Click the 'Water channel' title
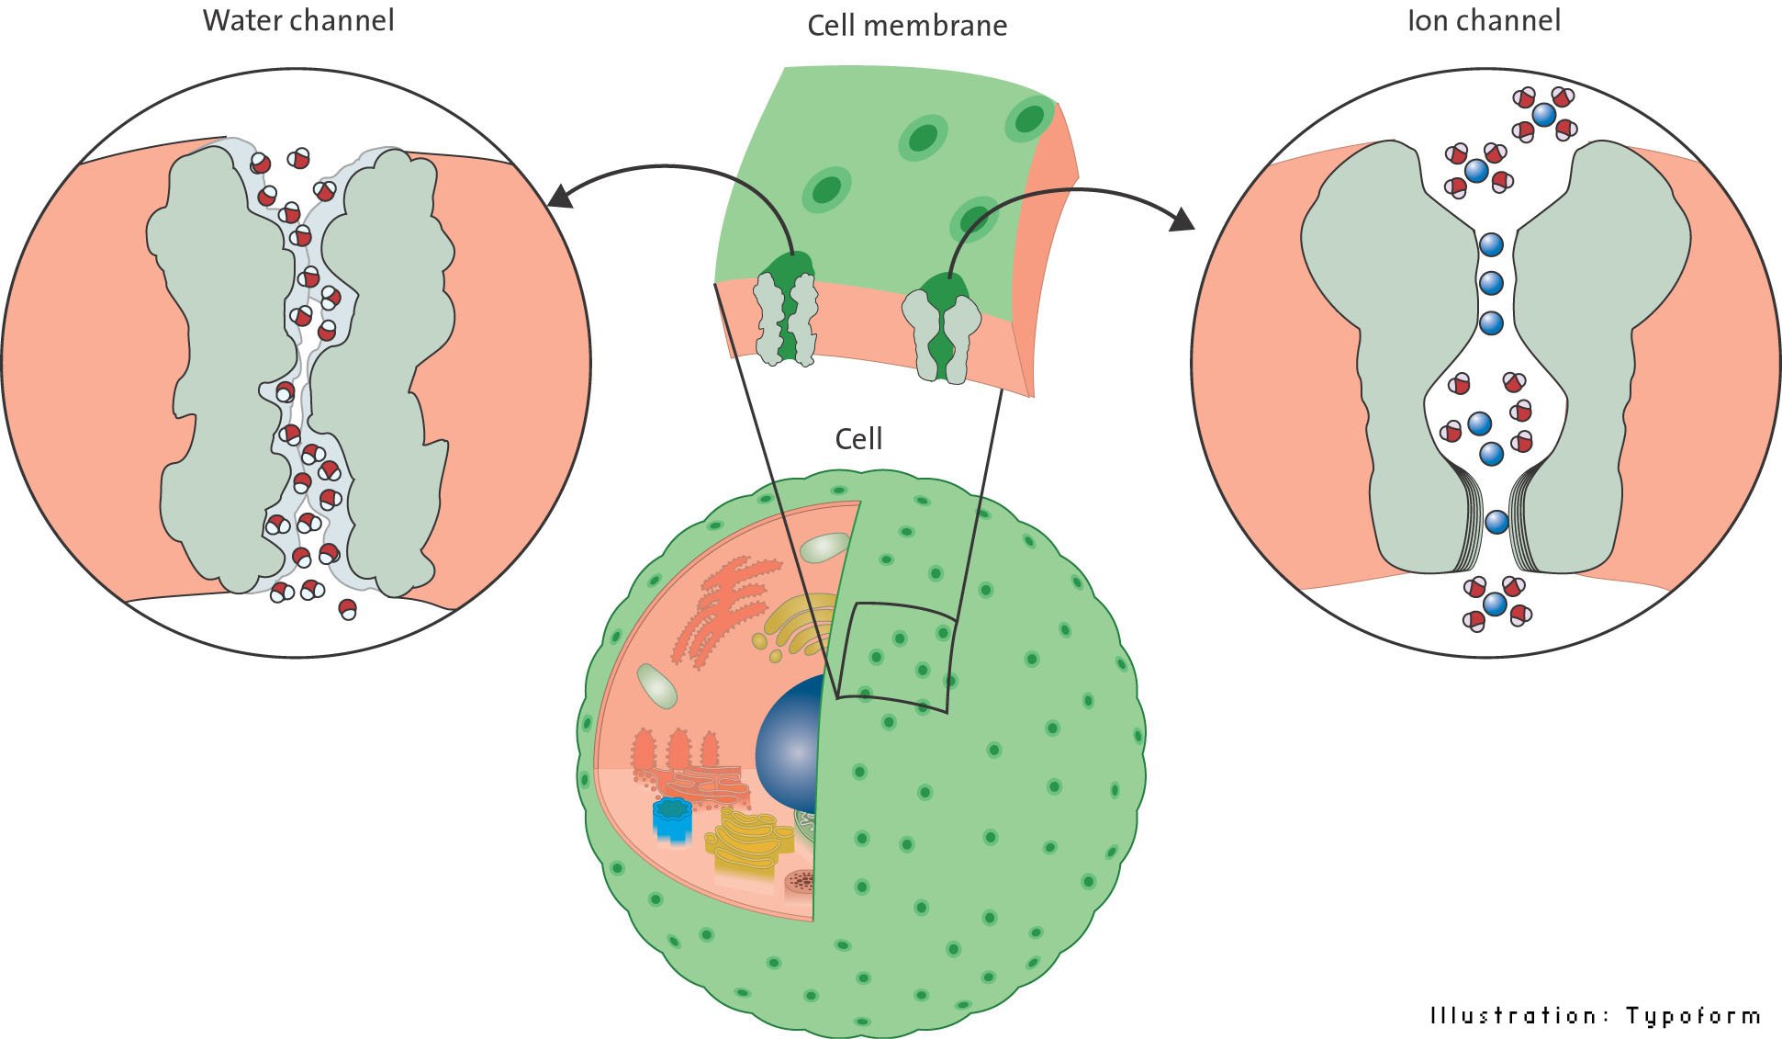pyautogui.click(x=298, y=20)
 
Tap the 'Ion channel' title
pyautogui.click(x=1484, y=20)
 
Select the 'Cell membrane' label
pyautogui.click(x=906, y=25)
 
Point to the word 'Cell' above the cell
pyautogui.click(x=858, y=438)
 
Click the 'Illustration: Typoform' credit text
pyautogui.click(x=1596, y=1015)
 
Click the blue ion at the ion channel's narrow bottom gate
pyautogui.click(x=1496, y=522)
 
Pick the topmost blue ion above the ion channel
pyautogui.click(x=1544, y=115)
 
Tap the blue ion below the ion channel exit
pyautogui.click(x=1495, y=604)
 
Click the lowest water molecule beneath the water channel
pyautogui.click(x=347, y=608)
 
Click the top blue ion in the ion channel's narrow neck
pyautogui.click(x=1491, y=244)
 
